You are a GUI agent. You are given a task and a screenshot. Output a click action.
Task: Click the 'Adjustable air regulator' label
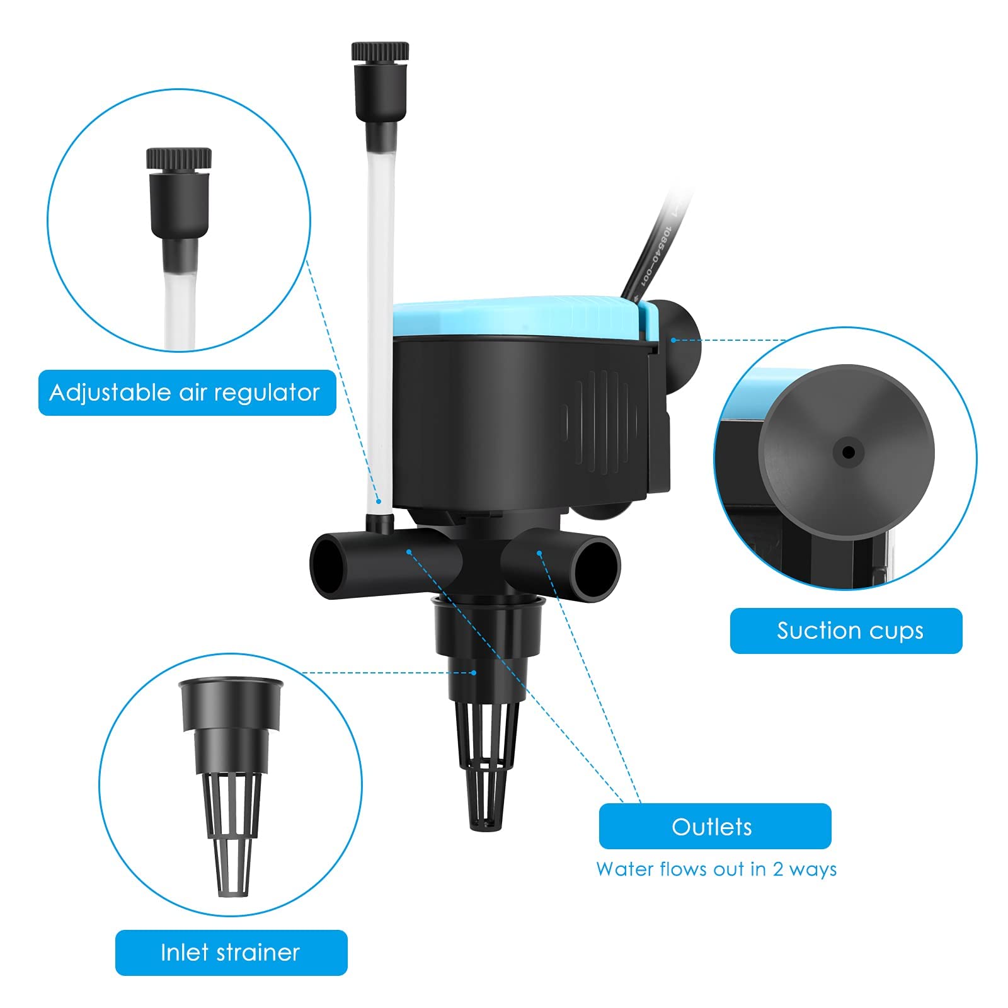click(x=186, y=392)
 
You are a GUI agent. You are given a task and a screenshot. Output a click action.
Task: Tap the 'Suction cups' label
click(x=845, y=631)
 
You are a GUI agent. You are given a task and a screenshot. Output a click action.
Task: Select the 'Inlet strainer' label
click(x=231, y=952)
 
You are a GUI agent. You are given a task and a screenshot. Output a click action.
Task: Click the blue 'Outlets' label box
click(x=714, y=826)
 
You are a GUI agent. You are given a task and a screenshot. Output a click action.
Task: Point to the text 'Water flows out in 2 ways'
click(x=716, y=869)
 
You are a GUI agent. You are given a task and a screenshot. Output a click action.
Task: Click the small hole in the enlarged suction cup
click(x=848, y=452)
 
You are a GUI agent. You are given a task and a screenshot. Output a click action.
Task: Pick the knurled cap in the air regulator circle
click(x=179, y=158)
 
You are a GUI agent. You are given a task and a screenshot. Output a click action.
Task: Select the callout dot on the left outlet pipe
click(x=409, y=552)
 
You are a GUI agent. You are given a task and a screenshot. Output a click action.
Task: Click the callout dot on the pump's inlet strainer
click(x=474, y=673)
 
